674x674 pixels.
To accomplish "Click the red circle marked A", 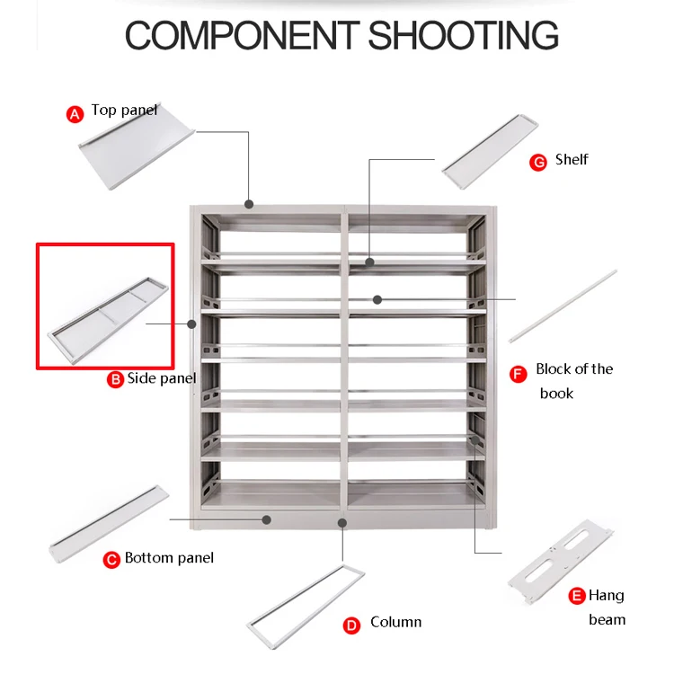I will (x=75, y=113).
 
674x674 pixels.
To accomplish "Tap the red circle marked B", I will (x=115, y=379).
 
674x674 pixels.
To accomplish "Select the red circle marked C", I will (x=111, y=560).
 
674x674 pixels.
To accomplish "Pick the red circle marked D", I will (x=352, y=625).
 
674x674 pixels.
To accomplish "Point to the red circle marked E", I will (x=577, y=597).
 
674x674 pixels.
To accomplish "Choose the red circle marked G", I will (x=537, y=162).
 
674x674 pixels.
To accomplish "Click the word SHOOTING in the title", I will (x=464, y=35).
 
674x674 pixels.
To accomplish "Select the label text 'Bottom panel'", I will (x=169, y=558).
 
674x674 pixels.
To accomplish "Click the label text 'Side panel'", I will (x=162, y=378).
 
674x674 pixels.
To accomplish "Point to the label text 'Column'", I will (x=395, y=622).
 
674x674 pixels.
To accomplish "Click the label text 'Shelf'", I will (x=572, y=160).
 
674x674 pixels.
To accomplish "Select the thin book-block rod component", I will (x=563, y=306).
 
